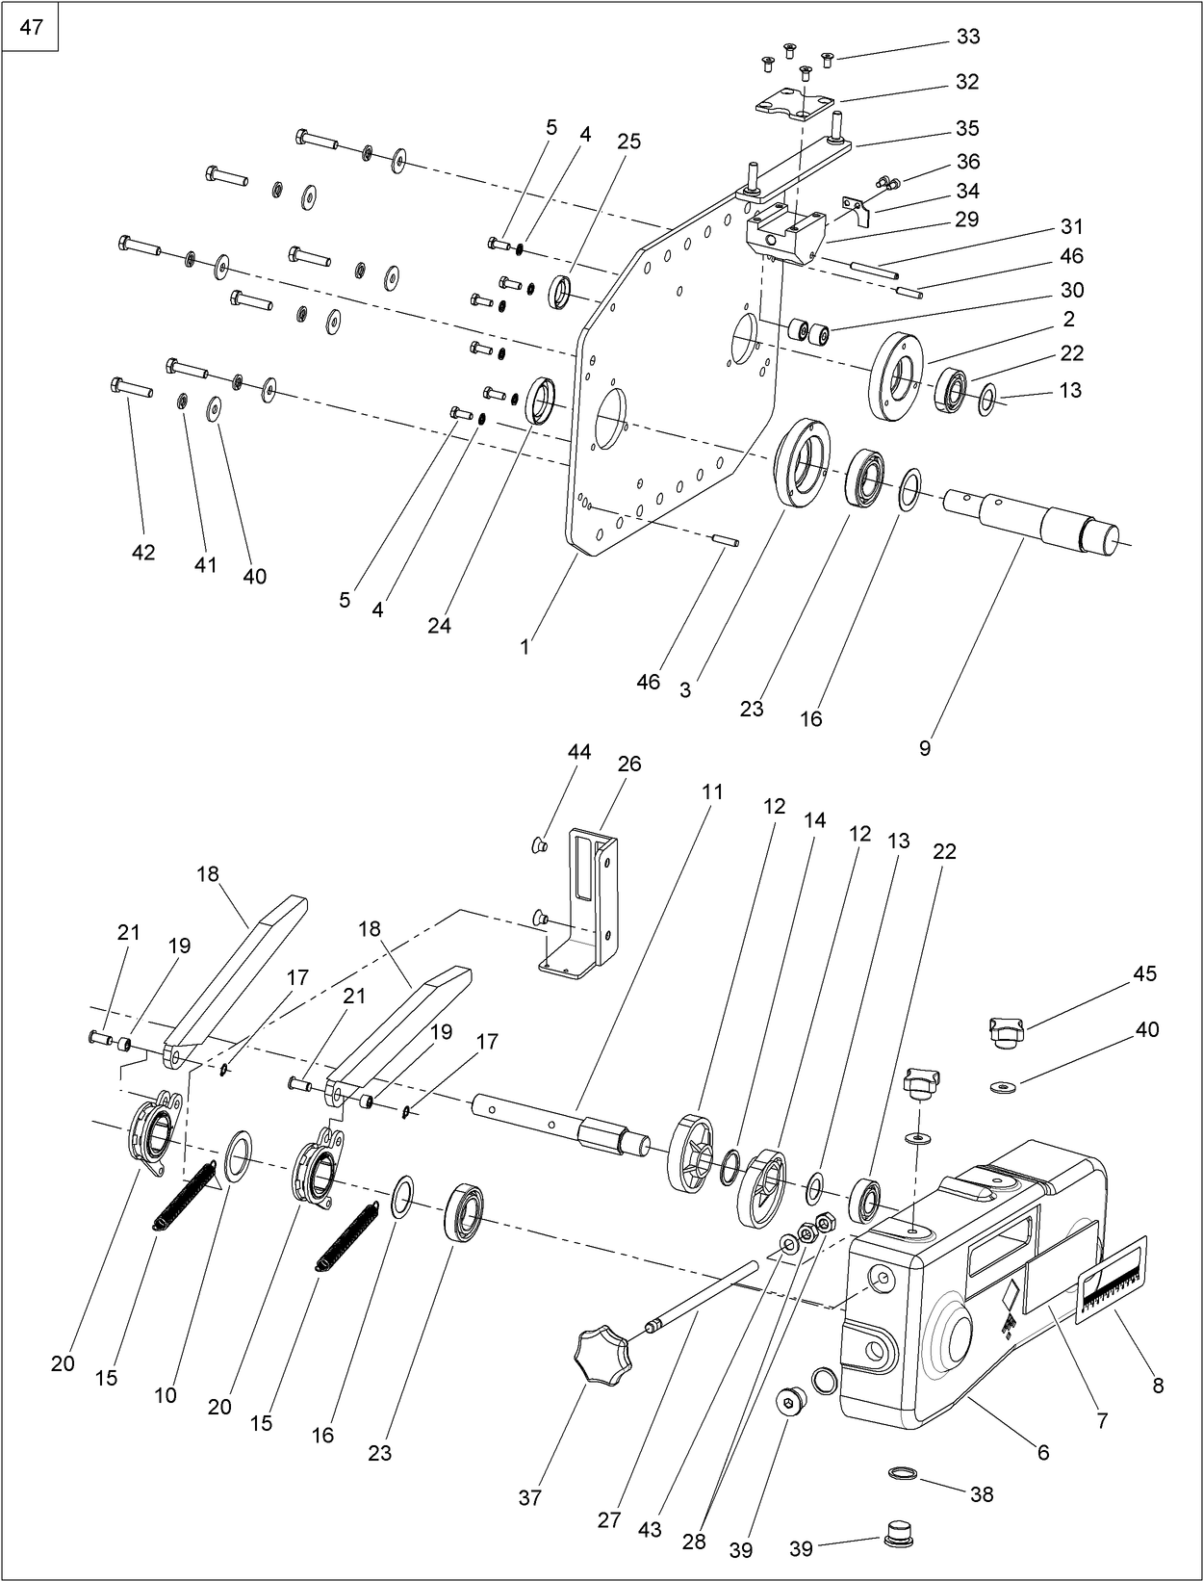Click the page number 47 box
pyautogui.click(x=31, y=27)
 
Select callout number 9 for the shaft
pyautogui.click(x=925, y=748)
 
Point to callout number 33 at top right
pyautogui.click(x=967, y=37)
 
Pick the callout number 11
pyautogui.click(x=711, y=792)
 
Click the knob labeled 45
pyautogui.click(x=1007, y=1032)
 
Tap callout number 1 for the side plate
pyautogui.click(x=525, y=648)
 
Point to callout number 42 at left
pyautogui.click(x=143, y=553)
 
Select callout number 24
pyautogui.click(x=439, y=625)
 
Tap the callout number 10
pyautogui.click(x=166, y=1395)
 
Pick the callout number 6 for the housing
pyautogui.click(x=1042, y=1452)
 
